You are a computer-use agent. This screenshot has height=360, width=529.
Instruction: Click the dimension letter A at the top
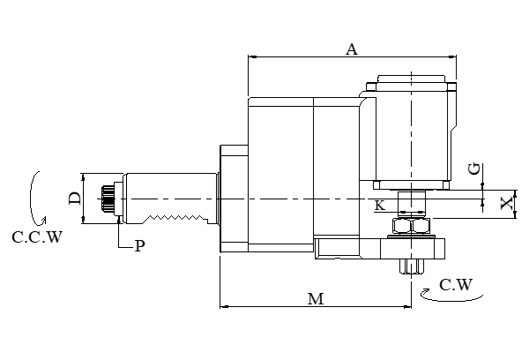pyautogui.click(x=351, y=50)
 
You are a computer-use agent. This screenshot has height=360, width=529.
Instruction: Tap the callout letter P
pyautogui.click(x=138, y=247)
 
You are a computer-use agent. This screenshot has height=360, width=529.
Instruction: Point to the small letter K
pyautogui.click(x=379, y=206)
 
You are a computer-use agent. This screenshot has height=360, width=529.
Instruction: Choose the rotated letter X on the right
pyautogui.click(x=506, y=203)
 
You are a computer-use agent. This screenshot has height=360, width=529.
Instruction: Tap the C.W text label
pyautogui.click(x=456, y=284)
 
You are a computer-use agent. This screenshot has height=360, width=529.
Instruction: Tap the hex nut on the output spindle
pyautogui.click(x=411, y=227)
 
